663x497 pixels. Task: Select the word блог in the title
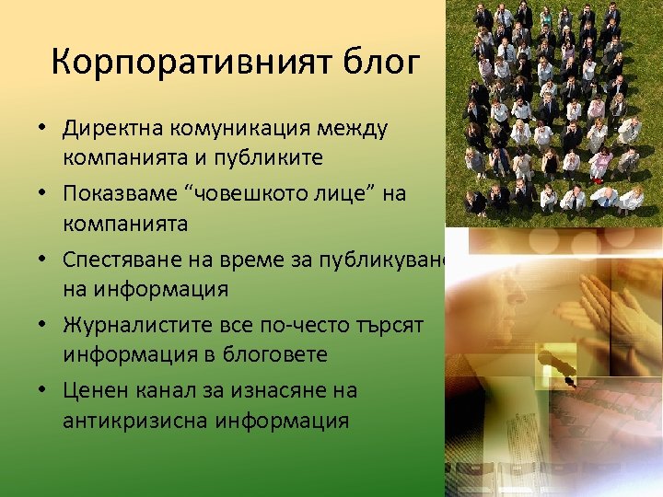(382, 63)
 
